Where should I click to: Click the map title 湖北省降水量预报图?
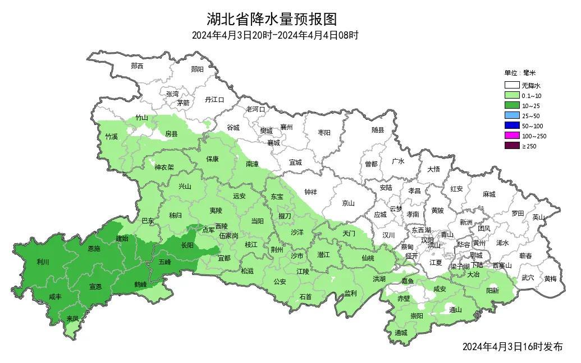click(x=272, y=20)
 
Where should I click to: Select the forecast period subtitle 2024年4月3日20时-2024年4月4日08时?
click(x=275, y=35)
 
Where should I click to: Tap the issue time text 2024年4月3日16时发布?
click(x=513, y=347)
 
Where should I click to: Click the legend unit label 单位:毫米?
click(x=520, y=73)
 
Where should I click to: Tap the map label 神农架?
click(x=164, y=167)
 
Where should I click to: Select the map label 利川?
click(x=43, y=262)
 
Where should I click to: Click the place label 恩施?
click(x=94, y=248)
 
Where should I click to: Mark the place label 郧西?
click(x=137, y=66)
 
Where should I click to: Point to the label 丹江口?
click(x=214, y=100)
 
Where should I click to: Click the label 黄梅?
click(x=550, y=278)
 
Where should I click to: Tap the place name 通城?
click(x=401, y=333)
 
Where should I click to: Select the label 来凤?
click(x=72, y=318)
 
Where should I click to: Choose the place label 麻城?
click(x=489, y=194)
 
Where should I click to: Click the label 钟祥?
click(x=310, y=192)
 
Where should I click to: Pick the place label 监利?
click(x=350, y=293)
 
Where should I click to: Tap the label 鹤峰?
click(x=140, y=285)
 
